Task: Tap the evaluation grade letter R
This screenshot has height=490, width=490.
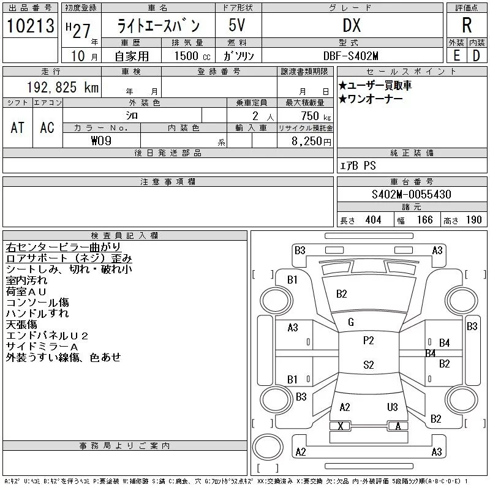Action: pos(467,26)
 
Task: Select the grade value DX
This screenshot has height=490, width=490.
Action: pos(352,26)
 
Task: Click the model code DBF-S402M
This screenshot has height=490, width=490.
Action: pos(352,56)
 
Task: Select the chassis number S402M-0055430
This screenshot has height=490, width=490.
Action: pos(412,195)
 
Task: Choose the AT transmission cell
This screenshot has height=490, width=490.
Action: pos(18,127)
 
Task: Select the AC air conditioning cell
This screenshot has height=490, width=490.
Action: pos(47,127)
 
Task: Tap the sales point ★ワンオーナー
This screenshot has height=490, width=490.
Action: pos(370,99)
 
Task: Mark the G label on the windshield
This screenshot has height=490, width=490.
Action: pos(351,322)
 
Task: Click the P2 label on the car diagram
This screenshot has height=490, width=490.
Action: pos(368,341)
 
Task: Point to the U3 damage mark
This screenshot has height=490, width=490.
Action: pos(392,407)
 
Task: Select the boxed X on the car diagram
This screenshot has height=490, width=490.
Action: pos(341,426)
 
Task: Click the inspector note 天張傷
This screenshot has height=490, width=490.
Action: pos(21,324)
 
